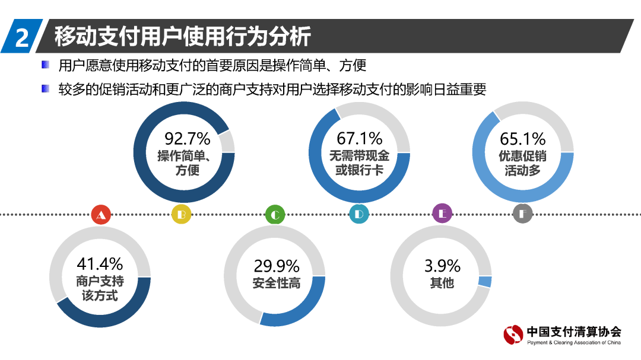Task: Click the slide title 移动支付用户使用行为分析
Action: (x=182, y=37)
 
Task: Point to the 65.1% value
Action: (x=522, y=139)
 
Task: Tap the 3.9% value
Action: (x=441, y=265)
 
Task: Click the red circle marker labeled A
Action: (x=101, y=214)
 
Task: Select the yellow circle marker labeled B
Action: (x=182, y=214)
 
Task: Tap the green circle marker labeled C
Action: (x=275, y=214)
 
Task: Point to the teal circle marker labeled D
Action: (x=358, y=214)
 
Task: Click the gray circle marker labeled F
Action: (x=522, y=214)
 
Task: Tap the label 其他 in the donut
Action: (x=441, y=283)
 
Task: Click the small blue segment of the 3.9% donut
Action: (x=485, y=282)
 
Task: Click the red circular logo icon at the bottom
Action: (x=514, y=335)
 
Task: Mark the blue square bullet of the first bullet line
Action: (x=46, y=64)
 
